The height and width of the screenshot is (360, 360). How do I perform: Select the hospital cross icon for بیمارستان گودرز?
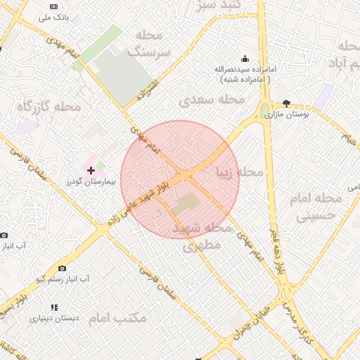coord(91,170)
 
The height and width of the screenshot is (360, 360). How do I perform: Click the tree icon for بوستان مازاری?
coord(286,103)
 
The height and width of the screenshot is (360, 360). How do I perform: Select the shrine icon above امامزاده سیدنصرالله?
coord(244,58)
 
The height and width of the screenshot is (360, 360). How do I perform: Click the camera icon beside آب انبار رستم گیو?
coord(63,268)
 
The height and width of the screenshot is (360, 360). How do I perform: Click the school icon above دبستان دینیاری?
coord(54,307)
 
